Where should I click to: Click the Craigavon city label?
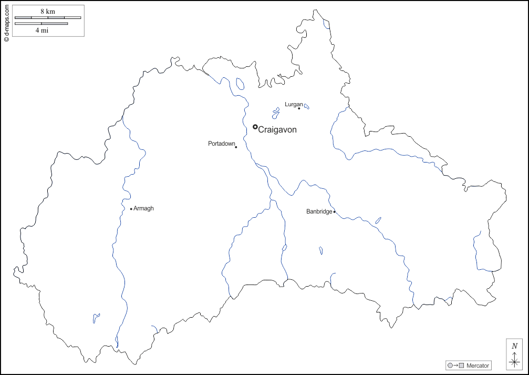[277, 130]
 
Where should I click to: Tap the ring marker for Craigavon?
[255, 127]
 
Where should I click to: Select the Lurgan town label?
[294, 104]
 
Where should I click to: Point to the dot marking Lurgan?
[299, 108]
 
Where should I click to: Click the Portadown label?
[221, 144]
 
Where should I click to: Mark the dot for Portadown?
[236, 147]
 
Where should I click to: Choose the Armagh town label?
[144, 209]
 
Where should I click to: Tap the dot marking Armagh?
[131, 209]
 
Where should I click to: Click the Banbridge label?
[319, 211]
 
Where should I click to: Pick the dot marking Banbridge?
[335, 212]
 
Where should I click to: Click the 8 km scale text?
[48, 11]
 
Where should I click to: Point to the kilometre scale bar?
[48, 17]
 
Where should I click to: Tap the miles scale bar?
[42, 23]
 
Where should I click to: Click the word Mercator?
[478, 366]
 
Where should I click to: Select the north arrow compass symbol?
[514, 361]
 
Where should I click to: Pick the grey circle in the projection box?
[450, 366]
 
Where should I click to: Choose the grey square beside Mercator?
[462, 366]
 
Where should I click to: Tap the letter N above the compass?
[515, 346]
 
